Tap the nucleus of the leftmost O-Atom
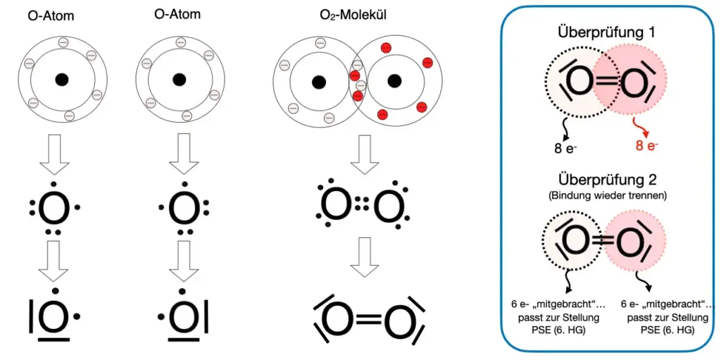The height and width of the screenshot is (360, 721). [x=62, y=79]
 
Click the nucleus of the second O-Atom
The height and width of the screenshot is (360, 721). [x=179, y=79]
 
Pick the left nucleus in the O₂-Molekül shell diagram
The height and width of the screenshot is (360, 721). [x=318, y=82]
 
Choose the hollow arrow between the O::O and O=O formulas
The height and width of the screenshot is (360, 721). [x=364, y=257]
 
